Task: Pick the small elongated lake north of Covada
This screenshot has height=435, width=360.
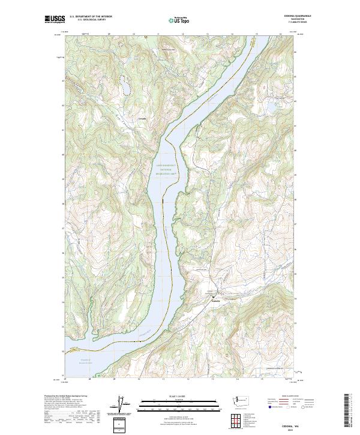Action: click(126, 86)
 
